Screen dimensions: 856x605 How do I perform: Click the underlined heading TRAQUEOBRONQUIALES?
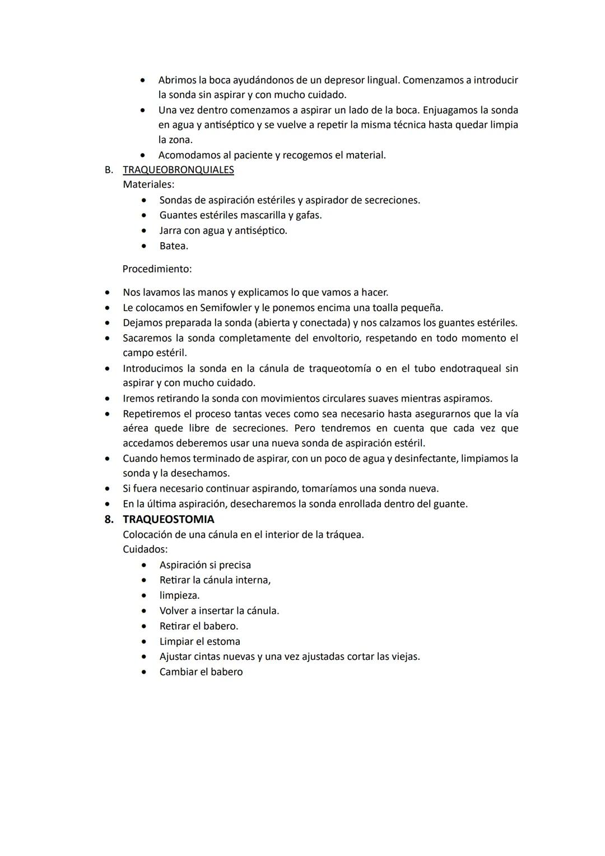(x=178, y=170)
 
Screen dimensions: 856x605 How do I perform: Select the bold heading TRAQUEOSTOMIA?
(x=168, y=519)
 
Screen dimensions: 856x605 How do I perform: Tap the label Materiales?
(x=148, y=184)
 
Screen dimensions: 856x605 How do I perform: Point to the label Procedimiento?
(x=157, y=269)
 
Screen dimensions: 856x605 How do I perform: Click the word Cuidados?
(x=145, y=549)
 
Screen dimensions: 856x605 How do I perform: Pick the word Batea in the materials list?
(x=173, y=246)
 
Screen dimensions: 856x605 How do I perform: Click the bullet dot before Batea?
(x=145, y=246)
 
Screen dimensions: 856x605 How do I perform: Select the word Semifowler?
(x=224, y=308)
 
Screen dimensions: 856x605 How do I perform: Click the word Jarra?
(x=170, y=231)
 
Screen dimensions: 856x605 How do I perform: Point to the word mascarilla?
(x=263, y=215)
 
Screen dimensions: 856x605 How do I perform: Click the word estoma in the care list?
(x=224, y=641)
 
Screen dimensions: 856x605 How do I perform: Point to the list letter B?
(x=109, y=170)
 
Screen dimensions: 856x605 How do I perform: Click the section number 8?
(x=109, y=519)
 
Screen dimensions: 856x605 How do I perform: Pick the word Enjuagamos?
(x=452, y=110)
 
